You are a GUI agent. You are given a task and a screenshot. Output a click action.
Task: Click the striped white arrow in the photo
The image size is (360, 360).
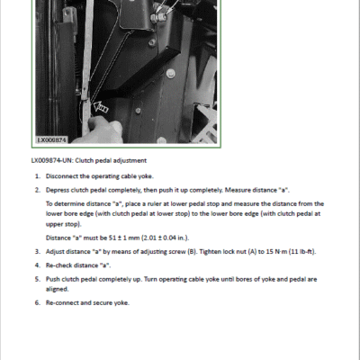101,107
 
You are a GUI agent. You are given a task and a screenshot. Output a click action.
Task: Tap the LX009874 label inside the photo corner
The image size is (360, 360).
52,139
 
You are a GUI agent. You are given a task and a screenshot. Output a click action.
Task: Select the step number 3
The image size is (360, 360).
38,251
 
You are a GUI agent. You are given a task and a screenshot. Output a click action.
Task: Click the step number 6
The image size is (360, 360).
38,302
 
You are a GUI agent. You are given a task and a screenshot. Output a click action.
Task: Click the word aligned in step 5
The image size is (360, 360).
57,289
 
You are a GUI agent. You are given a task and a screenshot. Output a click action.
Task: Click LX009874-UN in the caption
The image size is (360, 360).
52,160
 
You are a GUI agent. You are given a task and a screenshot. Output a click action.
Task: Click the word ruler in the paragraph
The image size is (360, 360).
155,204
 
